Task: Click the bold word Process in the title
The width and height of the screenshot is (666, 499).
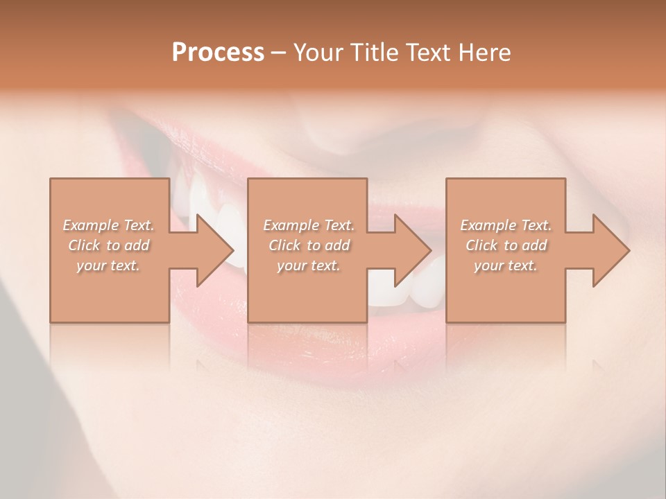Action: pyautogui.click(x=218, y=53)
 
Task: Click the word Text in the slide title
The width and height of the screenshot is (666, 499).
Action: pyautogui.click(x=426, y=53)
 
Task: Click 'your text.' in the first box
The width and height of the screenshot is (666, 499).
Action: pyautogui.click(x=108, y=265)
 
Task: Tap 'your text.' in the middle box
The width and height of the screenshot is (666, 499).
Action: pyautogui.click(x=309, y=265)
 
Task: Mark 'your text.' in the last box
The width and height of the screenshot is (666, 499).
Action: pyautogui.click(x=506, y=265)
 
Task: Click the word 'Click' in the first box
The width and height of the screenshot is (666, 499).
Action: pyautogui.click(x=83, y=245)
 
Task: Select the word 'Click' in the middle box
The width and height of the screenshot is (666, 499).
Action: pyautogui.click(x=284, y=245)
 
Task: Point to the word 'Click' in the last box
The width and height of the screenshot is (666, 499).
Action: pyautogui.click(x=481, y=245)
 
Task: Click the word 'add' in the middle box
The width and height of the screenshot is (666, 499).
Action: pyautogui.click(x=337, y=245)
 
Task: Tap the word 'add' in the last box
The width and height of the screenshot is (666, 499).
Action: pyautogui.click(x=534, y=245)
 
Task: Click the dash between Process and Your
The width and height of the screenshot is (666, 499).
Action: pyautogui.click(x=279, y=53)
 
